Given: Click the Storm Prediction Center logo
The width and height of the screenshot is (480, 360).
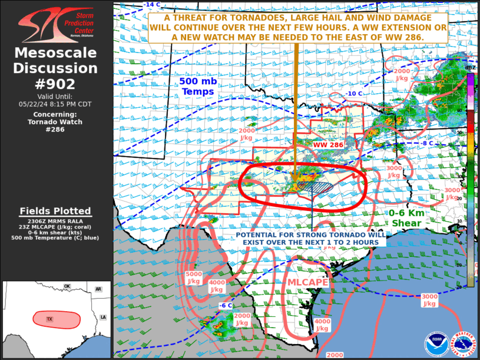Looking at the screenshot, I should pos(55,24).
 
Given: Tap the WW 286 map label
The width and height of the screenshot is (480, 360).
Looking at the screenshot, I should pos(329,144).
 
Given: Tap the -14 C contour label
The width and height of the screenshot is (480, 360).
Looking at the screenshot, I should pos(151,5).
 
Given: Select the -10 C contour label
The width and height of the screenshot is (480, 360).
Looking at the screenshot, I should pos(354,94).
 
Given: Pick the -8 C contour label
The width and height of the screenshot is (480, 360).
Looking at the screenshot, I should pos(426,143).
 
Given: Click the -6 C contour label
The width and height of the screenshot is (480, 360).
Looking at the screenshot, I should pos(226,305).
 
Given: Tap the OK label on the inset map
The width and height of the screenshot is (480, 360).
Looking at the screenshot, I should pos(67,286).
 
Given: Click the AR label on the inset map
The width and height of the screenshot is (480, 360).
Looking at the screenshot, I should pos(98,289).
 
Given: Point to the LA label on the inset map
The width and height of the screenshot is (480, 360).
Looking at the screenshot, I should pos(104,316).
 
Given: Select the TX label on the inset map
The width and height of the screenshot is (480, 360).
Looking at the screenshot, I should pos(50,319).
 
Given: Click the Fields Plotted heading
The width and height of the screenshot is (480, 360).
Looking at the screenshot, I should pos(55,211).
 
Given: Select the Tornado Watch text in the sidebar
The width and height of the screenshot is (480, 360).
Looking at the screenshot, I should pos(55,122).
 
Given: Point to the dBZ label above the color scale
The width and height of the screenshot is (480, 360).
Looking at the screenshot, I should pos(470,68).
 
